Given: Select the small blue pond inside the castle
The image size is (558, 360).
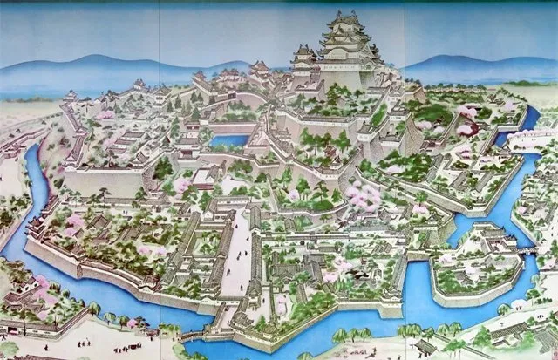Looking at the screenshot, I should pos(229,139).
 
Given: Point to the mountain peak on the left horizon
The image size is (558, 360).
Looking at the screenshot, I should pos(87,59).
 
